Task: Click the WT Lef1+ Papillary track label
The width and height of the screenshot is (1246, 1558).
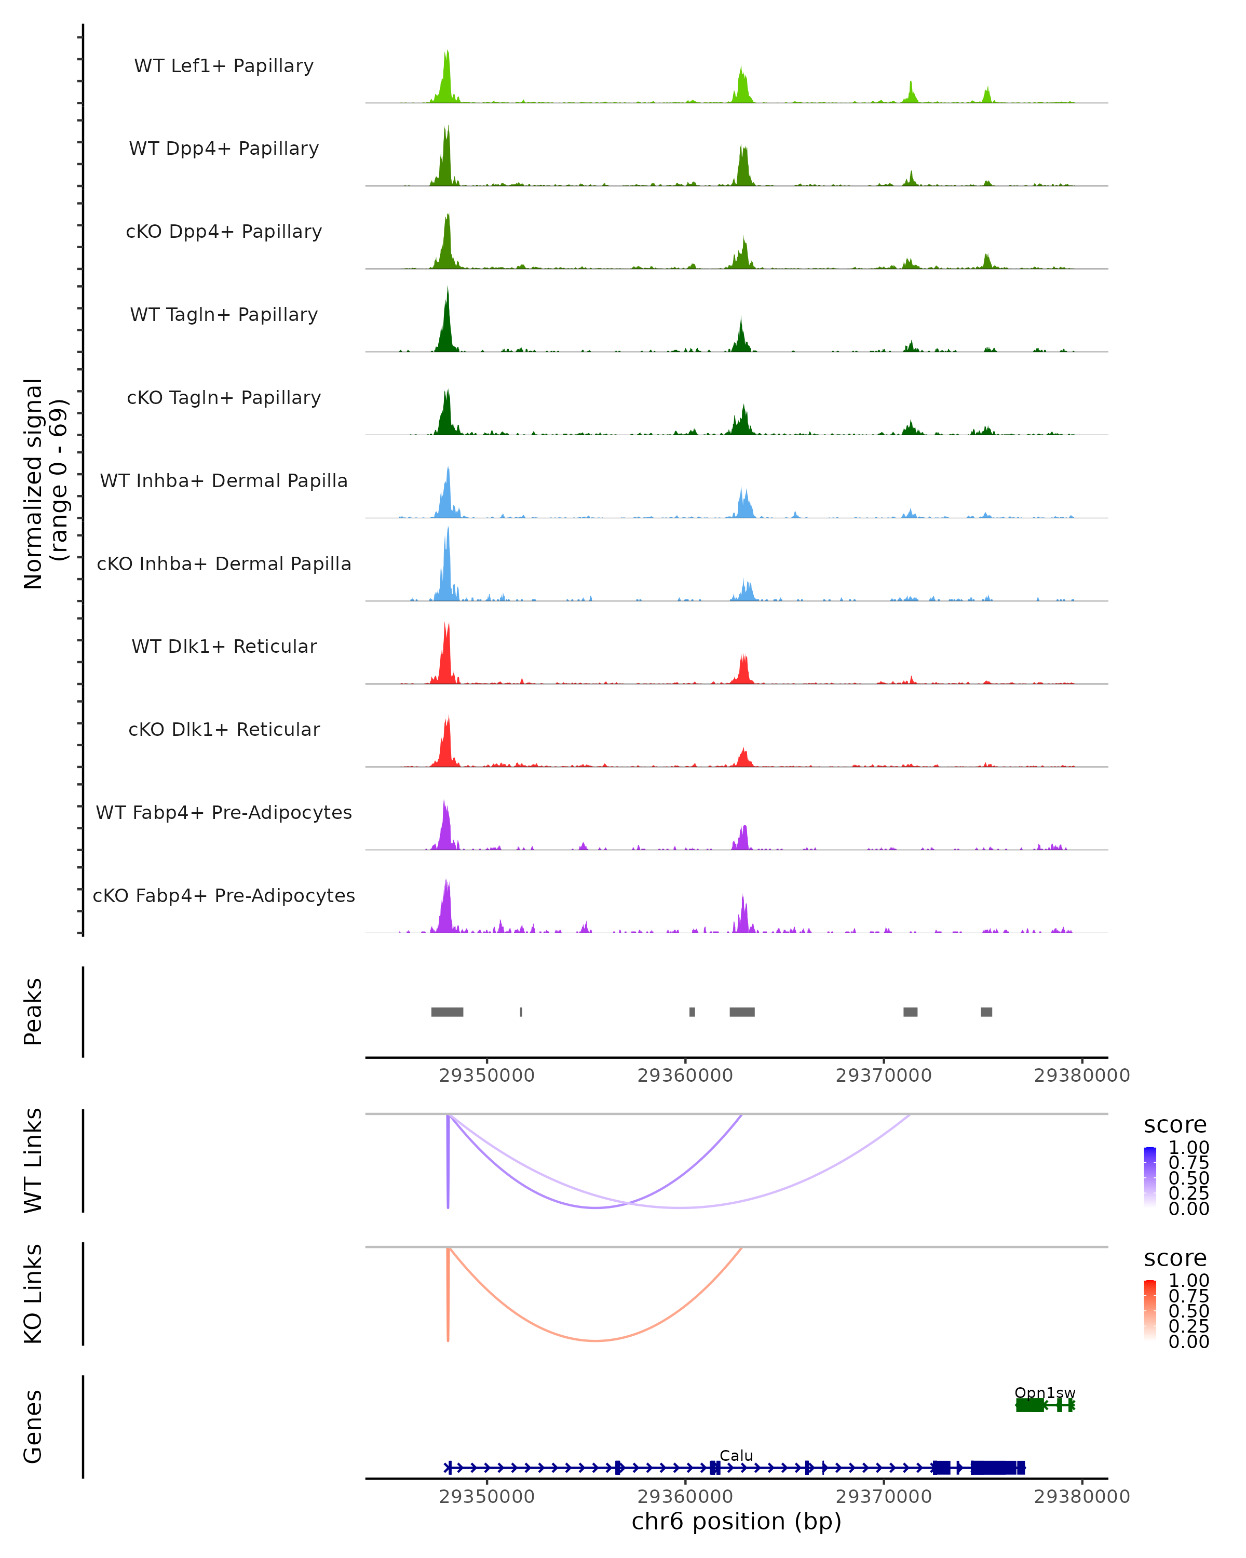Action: pos(224,66)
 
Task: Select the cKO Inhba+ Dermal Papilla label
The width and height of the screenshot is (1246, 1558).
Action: pos(224,563)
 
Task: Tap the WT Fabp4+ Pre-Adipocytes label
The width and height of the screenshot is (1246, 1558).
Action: pos(224,812)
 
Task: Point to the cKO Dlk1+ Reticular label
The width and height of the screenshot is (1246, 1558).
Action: pos(224,729)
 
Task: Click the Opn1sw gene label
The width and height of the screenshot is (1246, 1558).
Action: pos(1045,1392)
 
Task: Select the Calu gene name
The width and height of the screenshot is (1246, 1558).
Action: pos(736,1455)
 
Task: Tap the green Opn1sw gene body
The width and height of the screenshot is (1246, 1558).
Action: pos(1030,1405)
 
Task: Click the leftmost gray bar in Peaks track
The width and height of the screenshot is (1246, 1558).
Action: pos(447,1012)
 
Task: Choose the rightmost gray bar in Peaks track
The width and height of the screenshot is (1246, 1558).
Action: pos(986,1012)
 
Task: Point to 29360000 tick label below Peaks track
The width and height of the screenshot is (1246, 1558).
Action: pos(685,1076)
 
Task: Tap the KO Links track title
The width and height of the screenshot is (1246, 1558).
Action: pos(33,1294)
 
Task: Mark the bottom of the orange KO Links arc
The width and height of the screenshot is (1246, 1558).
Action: pos(595,1340)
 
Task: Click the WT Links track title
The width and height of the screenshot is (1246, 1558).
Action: pos(33,1161)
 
